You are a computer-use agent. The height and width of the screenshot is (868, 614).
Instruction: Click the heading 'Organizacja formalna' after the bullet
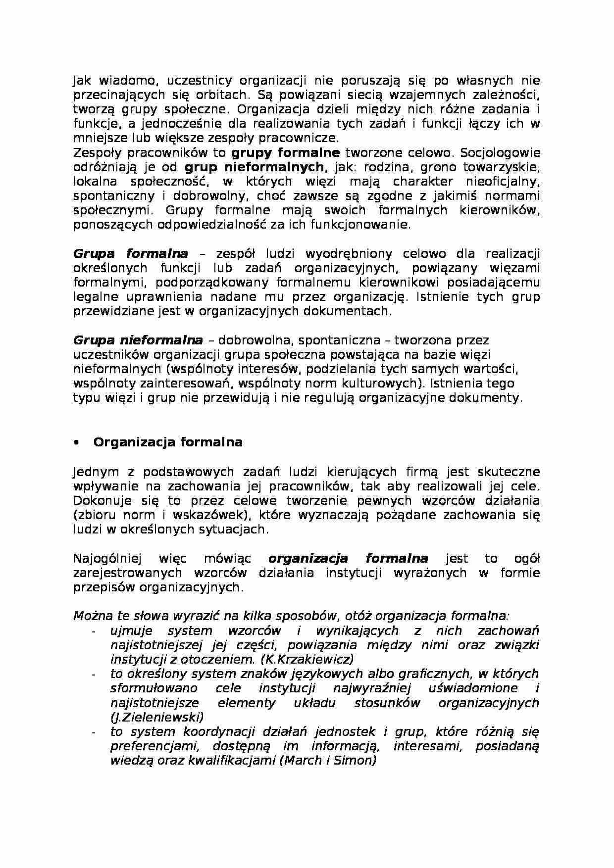(x=168, y=442)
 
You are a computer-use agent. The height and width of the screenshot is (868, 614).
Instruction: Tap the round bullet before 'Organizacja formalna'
(x=76, y=443)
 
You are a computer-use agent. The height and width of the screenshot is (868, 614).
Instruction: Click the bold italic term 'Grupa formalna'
(x=131, y=254)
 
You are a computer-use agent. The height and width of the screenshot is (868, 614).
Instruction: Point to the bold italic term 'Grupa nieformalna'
(x=138, y=340)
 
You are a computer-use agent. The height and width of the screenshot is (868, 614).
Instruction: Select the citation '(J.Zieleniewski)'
(x=157, y=717)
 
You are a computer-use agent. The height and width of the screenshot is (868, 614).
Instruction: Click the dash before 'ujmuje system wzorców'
(x=94, y=631)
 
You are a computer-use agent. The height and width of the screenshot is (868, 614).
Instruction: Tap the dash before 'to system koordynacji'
(x=94, y=732)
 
